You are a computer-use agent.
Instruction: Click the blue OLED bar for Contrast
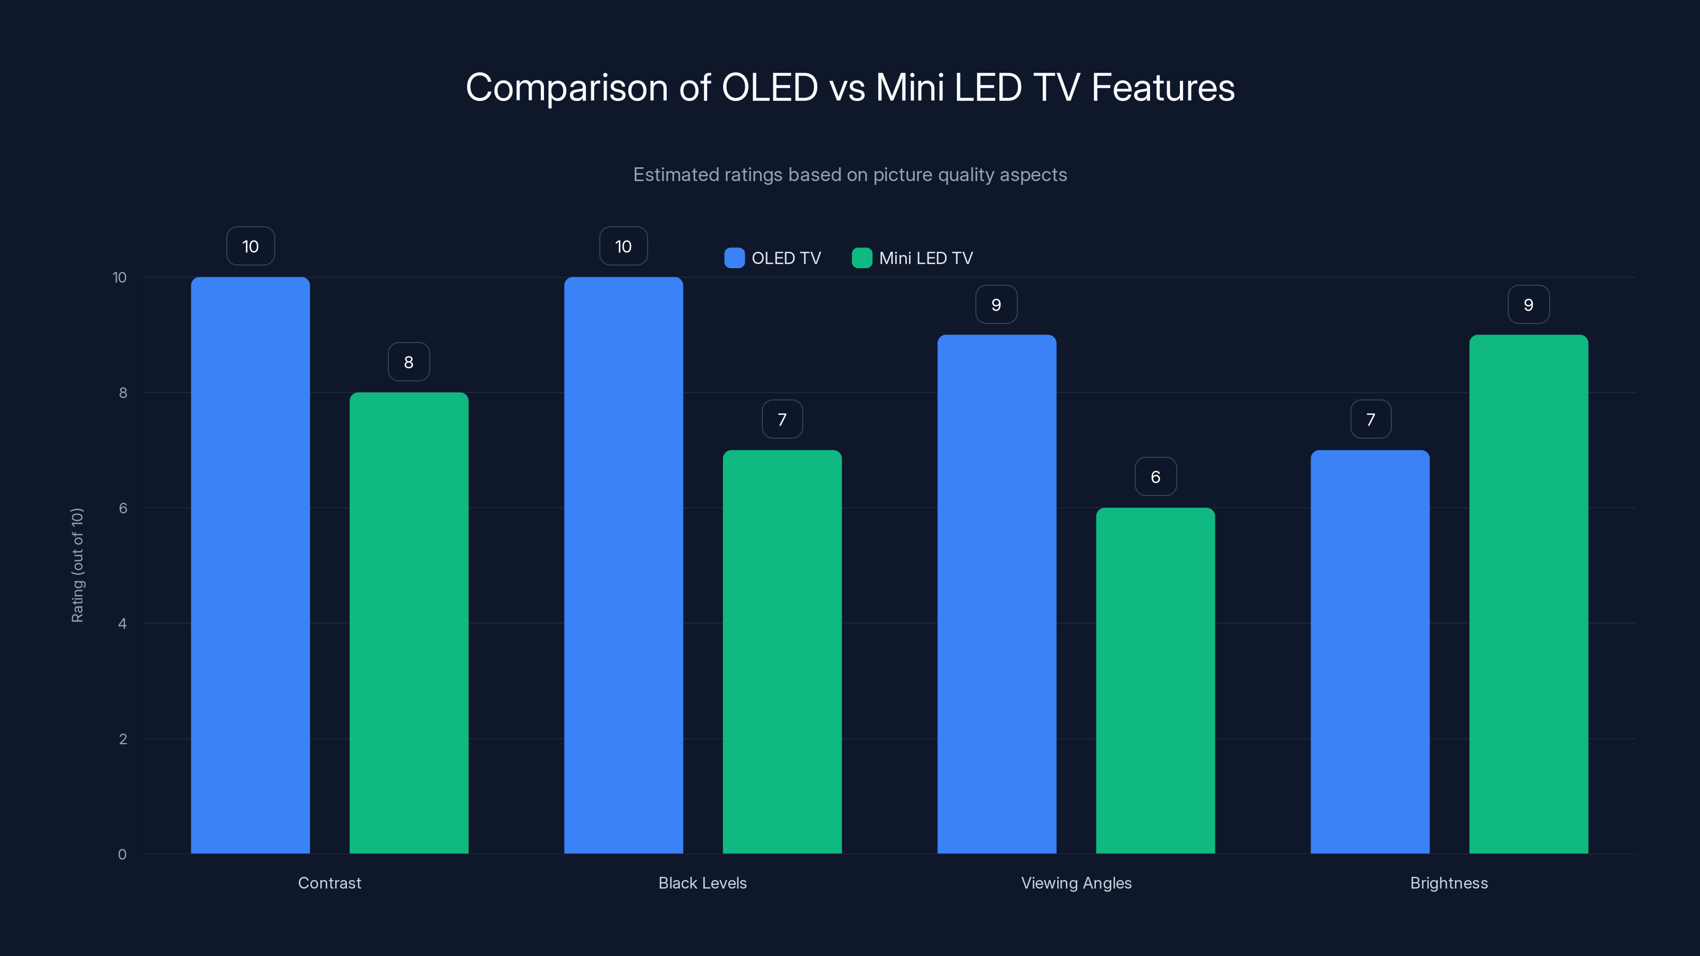click(250, 565)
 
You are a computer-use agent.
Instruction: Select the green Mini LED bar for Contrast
click(409, 623)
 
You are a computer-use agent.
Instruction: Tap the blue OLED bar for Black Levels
click(623, 565)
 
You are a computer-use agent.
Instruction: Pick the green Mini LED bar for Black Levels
click(782, 652)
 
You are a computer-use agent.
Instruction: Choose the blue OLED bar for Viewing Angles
click(997, 594)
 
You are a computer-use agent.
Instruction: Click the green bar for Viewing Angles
click(1155, 680)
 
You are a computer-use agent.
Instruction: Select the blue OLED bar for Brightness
click(1370, 652)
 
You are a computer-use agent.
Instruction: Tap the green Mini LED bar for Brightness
click(1528, 594)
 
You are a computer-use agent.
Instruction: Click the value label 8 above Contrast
click(409, 362)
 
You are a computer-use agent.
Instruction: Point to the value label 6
click(1155, 476)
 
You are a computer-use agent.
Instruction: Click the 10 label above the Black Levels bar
click(623, 246)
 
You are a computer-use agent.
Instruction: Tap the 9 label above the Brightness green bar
click(1528, 304)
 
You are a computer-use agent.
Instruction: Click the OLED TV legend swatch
click(734, 258)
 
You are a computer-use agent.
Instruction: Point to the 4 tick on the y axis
click(123, 624)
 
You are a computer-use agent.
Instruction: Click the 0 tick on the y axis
click(123, 855)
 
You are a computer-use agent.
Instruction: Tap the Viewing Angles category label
click(1076, 883)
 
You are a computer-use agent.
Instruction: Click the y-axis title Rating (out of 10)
click(77, 565)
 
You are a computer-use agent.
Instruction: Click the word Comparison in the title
click(566, 88)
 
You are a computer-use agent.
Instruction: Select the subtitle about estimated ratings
click(849, 175)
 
